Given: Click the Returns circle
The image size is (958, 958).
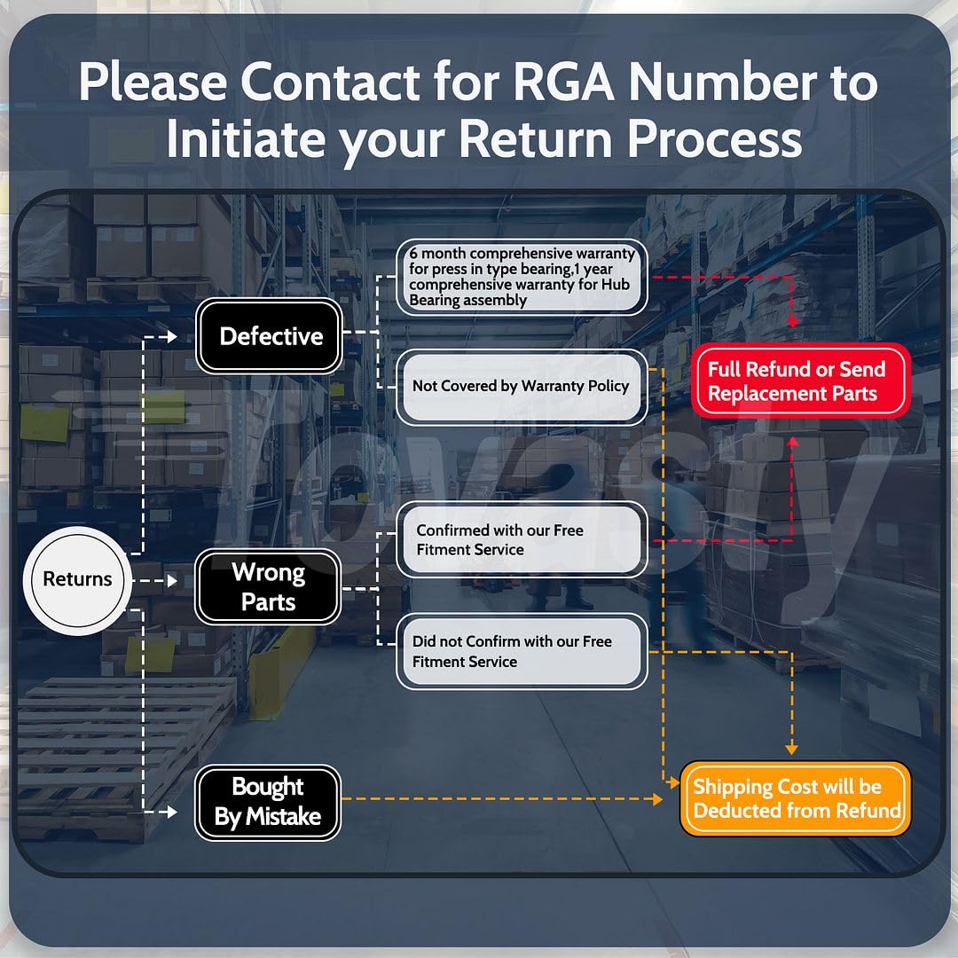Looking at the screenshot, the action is pyautogui.click(x=77, y=580).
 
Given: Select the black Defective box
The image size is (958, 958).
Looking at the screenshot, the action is pyautogui.click(x=269, y=336).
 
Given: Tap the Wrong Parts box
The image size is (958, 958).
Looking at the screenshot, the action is pyautogui.click(x=268, y=586).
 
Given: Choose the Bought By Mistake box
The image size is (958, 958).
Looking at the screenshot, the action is pyautogui.click(x=268, y=802).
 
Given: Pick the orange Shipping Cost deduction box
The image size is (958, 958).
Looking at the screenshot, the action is pyautogui.click(x=796, y=798).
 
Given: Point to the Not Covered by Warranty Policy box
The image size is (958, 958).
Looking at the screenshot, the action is pyautogui.click(x=522, y=387).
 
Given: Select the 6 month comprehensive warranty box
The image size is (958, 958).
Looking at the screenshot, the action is pyautogui.click(x=522, y=277).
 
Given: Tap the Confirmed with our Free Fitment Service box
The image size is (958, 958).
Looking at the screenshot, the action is pyautogui.click(x=522, y=539).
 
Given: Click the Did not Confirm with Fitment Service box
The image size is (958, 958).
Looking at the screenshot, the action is pyautogui.click(x=522, y=651).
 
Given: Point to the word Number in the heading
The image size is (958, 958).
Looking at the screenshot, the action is pyautogui.click(x=723, y=82).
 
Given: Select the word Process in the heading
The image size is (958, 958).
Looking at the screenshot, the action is pyautogui.click(x=715, y=139).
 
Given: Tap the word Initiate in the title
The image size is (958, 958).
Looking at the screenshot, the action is pyautogui.click(x=246, y=138).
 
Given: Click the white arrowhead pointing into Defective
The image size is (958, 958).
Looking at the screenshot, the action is pyautogui.click(x=172, y=336).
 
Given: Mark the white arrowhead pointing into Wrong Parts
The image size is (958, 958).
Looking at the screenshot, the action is pyautogui.click(x=172, y=580).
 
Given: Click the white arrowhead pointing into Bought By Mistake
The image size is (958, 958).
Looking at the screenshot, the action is pyautogui.click(x=172, y=812).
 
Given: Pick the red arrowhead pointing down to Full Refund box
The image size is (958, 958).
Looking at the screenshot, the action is pyautogui.click(x=792, y=321).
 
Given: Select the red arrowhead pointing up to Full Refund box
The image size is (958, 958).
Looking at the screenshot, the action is pyautogui.click(x=792, y=442).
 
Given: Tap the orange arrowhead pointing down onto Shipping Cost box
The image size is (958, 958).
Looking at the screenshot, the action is pyautogui.click(x=792, y=749).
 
